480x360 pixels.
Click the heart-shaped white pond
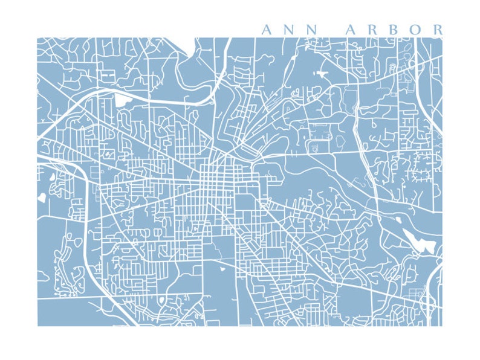click(x=42, y=196)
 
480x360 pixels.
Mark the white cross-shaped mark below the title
click(x=320, y=74)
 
